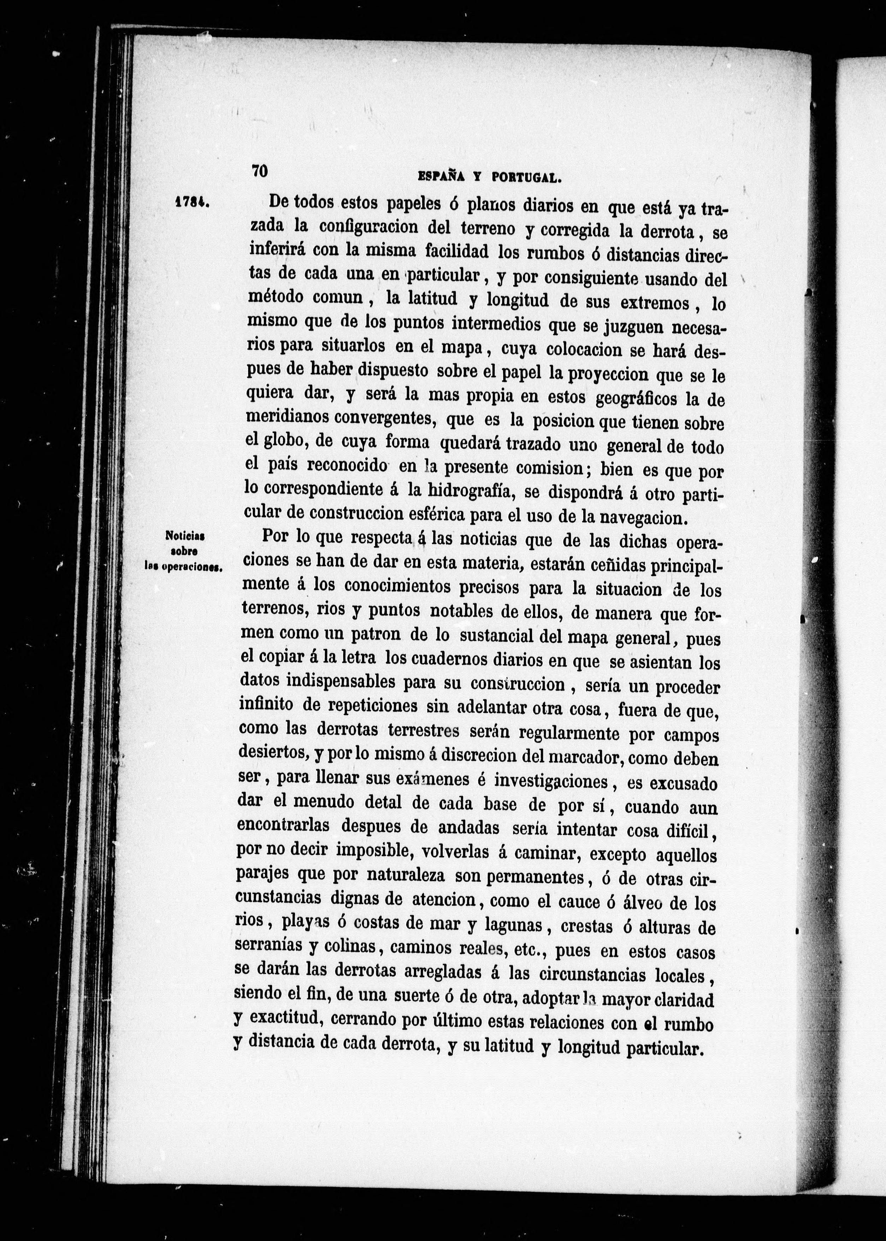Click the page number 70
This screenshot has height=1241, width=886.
260,170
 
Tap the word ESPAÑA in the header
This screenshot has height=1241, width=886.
441,176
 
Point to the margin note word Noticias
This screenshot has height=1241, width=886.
184,536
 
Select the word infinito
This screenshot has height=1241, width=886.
266,705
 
